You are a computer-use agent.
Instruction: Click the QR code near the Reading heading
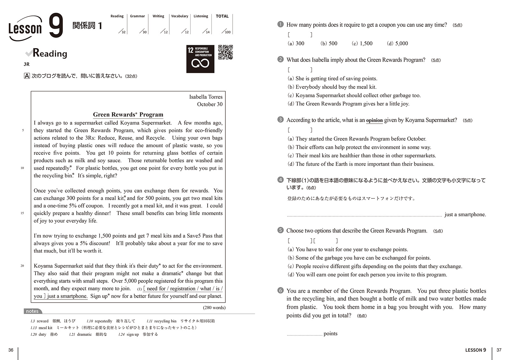225,52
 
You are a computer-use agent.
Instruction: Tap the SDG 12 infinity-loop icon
200,63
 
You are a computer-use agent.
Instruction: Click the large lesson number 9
56,26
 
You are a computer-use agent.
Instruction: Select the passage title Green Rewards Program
128,115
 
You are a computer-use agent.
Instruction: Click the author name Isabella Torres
206,97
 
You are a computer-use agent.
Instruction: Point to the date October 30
209,104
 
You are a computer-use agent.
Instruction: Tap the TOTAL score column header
222,16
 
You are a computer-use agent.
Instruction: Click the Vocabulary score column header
179,16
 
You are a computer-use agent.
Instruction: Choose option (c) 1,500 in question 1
362,43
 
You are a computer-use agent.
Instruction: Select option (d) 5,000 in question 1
397,43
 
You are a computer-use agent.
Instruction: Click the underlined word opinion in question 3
374,120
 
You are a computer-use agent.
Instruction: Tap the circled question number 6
280,290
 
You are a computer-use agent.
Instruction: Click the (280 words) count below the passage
214,307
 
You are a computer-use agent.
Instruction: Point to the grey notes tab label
32,311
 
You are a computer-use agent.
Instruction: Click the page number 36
11,350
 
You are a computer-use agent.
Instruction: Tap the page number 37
499,350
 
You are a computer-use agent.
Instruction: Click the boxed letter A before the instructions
27,76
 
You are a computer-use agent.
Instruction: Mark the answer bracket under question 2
300,69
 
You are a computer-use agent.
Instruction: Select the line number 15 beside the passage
22,213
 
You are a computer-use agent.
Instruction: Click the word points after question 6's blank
330,334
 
